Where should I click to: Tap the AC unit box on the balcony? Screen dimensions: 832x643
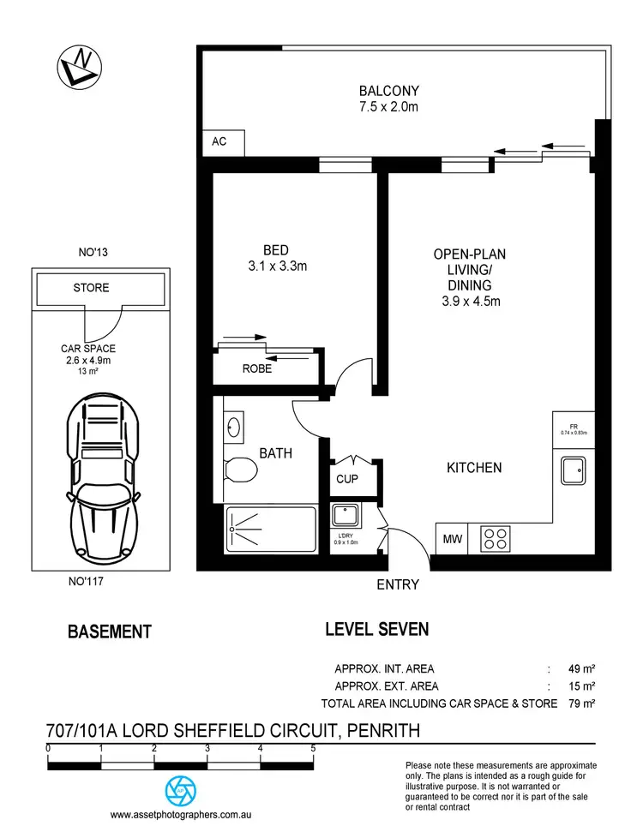(221, 142)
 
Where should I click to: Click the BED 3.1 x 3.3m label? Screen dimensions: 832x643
(274, 258)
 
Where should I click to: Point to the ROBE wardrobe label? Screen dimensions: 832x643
(257, 368)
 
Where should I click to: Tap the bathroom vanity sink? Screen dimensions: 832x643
(234, 426)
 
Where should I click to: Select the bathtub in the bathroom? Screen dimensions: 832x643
(271, 529)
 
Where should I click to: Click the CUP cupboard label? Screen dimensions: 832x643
(347, 479)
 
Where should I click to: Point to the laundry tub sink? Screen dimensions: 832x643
(347, 517)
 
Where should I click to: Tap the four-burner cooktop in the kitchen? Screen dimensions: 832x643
(496, 538)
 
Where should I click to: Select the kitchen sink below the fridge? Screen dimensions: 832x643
(574, 469)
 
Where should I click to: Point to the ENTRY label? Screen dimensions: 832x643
(398, 584)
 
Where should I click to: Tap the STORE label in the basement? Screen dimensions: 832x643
(91, 288)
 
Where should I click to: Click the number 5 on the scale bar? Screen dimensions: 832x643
(313, 748)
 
